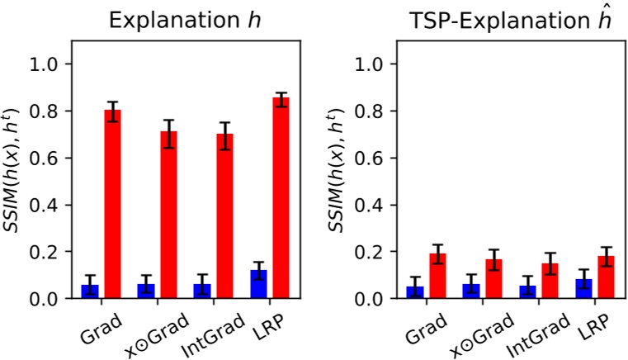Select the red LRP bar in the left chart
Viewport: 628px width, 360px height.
281,198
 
